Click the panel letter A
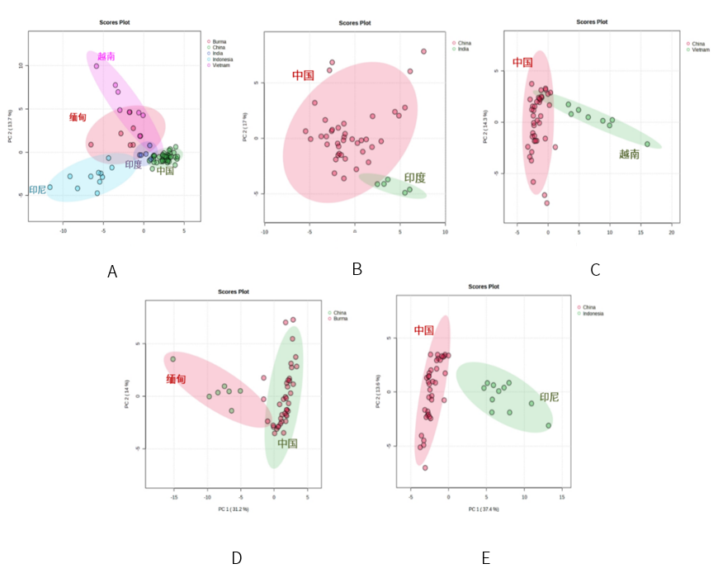coord(112,272)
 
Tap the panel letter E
coord(485,559)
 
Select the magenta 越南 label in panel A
coord(106,56)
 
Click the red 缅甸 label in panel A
coord(78,118)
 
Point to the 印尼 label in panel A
coord(38,190)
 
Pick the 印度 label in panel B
coord(415,178)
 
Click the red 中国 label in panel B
coord(303,75)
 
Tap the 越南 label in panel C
coord(629,154)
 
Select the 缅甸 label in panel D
coord(176,379)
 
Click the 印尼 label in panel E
coord(549,397)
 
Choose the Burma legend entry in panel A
coord(219,40)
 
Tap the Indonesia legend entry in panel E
coord(592,314)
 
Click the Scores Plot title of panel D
coord(234,291)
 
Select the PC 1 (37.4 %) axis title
coord(484,509)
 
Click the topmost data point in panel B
coord(423,51)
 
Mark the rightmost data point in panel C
coord(647,144)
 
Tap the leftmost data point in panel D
coord(173,359)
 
